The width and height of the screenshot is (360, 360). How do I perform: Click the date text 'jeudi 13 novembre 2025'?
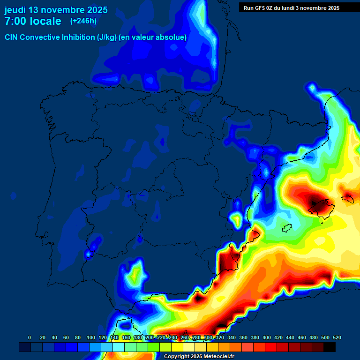click(56, 10)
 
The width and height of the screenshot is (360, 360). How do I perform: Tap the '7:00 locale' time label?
click(33, 21)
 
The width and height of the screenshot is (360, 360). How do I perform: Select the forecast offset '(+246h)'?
click(83, 21)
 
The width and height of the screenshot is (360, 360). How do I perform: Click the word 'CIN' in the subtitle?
click(12, 37)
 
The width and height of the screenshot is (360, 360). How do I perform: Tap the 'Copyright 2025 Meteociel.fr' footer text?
click(199, 356)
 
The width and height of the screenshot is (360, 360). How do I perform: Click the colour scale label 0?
click(30, 337)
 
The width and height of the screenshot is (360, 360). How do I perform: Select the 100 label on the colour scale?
click(90, 337)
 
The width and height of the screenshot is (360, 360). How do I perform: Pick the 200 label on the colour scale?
click(149, 337)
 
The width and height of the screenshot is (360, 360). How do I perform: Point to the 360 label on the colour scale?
click(243, 337)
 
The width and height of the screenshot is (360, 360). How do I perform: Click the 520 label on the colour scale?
click(336, 337)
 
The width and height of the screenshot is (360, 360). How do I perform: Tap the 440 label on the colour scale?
click(290, 337)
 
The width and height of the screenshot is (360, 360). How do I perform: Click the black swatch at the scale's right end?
click(330, 347)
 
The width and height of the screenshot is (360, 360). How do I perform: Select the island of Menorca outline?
click(348, 199)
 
